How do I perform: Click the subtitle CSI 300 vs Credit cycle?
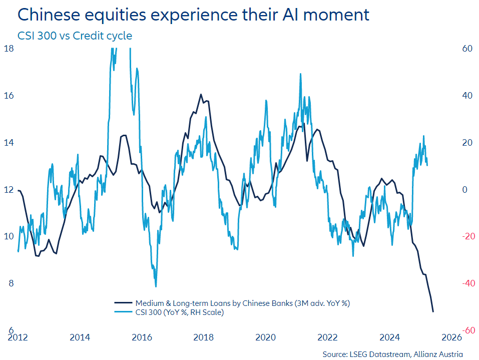(75, 36)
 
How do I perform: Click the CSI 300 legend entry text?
(179, 312)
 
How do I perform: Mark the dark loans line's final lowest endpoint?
(433, 311)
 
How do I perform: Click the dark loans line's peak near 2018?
(201, 94)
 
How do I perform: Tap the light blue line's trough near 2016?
(156, 286)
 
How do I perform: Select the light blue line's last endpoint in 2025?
(427, 165)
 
